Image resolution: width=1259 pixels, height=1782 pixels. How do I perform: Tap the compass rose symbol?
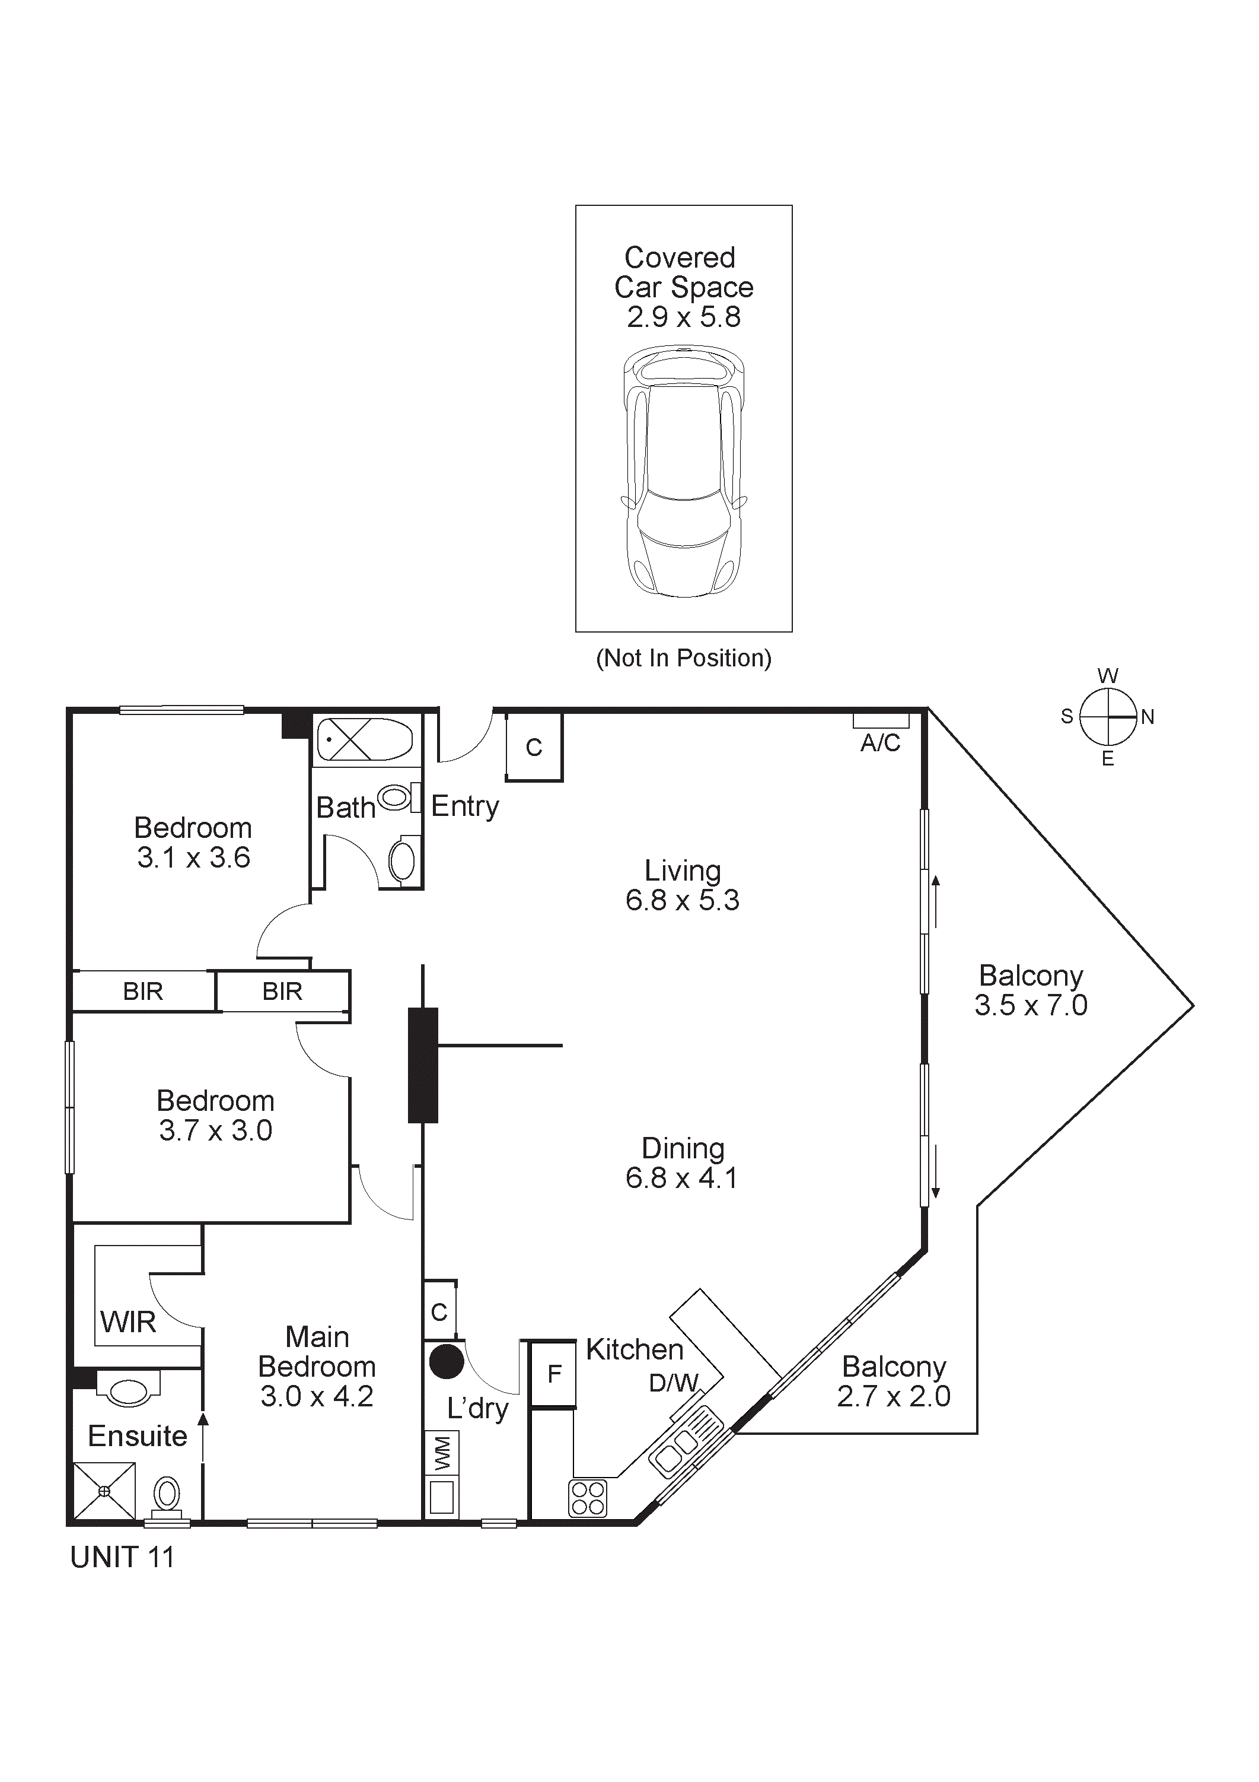tap(1108, 716)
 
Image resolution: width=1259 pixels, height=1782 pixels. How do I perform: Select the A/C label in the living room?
tap(881, 743)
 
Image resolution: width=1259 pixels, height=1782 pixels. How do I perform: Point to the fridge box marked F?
tap(554, 1374)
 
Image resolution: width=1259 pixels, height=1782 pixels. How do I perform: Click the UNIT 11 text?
tap(123, 1558)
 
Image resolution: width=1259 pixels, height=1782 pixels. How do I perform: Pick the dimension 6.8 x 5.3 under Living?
tap(683, 900)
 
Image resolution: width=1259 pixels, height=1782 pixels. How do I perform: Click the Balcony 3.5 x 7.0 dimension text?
tap(1031, 1005)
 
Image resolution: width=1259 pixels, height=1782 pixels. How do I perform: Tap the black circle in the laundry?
tap(447, 1362)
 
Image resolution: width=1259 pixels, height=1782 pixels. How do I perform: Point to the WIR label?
tap(128, 1322)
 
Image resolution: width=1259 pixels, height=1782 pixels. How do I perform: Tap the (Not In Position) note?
tap(683, 658)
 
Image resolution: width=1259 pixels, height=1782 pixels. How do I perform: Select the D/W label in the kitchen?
tap(673, 1382)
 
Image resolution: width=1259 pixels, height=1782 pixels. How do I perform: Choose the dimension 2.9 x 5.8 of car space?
tap(683, 317)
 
